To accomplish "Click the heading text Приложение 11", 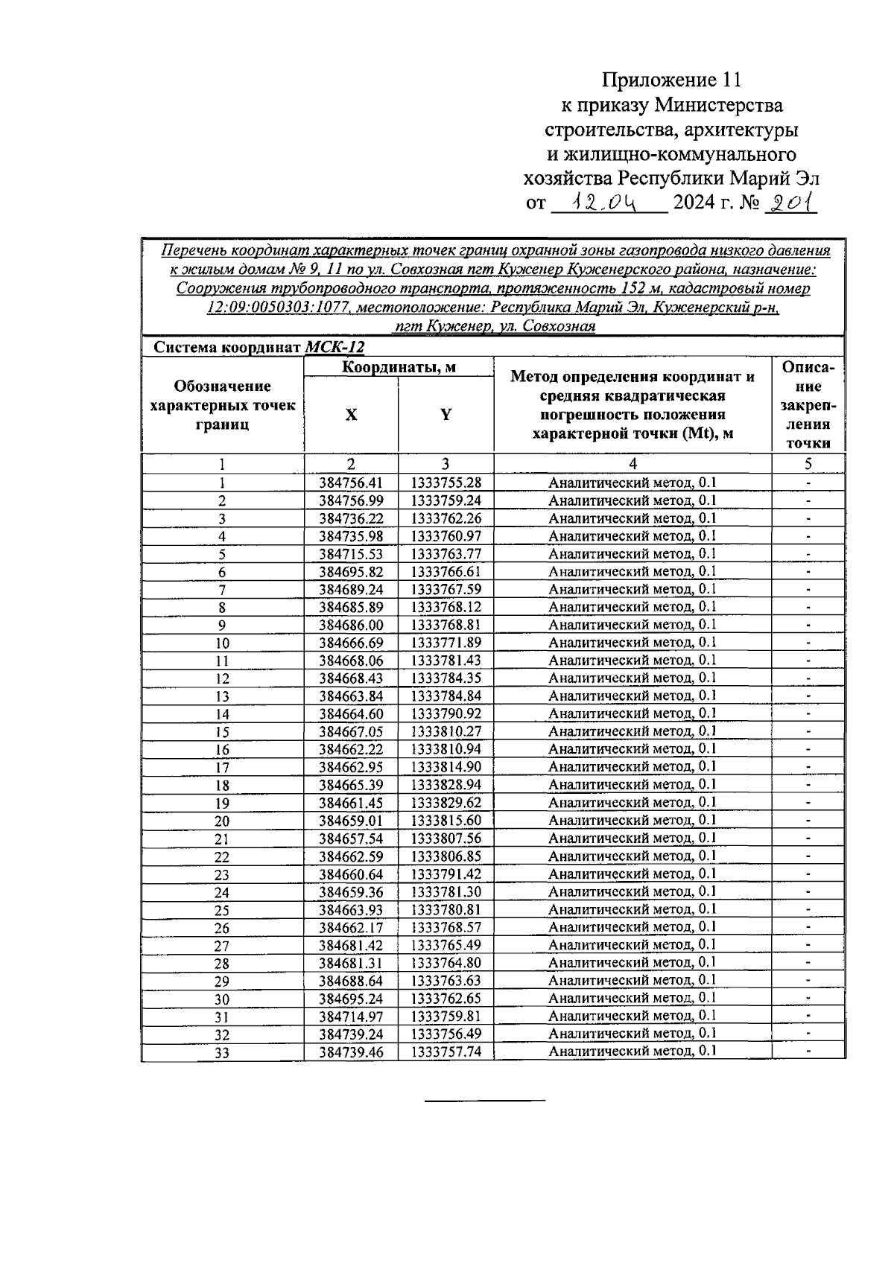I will click(x=672, y=80).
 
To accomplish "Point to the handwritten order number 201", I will click(x=791, y=202).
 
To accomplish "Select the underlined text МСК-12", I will click(x=335, y=347).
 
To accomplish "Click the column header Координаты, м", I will click(x=399, y=367).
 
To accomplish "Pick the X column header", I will click(x=351, y=415).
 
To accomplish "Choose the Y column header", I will click(x=446, y=415).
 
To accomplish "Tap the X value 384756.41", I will click(x=351, y=483).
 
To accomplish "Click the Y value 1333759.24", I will click(x=446, y=500).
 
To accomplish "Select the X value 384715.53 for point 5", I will click(x=351, y=554).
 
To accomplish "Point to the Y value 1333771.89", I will click(x=446, y=643).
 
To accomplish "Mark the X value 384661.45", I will click(x=351, y=803).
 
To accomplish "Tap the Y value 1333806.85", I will click(x=446, y=856).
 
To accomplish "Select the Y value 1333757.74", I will click(x=446, y=1052).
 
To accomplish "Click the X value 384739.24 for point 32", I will click(x=351, y=1034).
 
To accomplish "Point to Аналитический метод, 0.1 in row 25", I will click(x=633, y=909).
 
